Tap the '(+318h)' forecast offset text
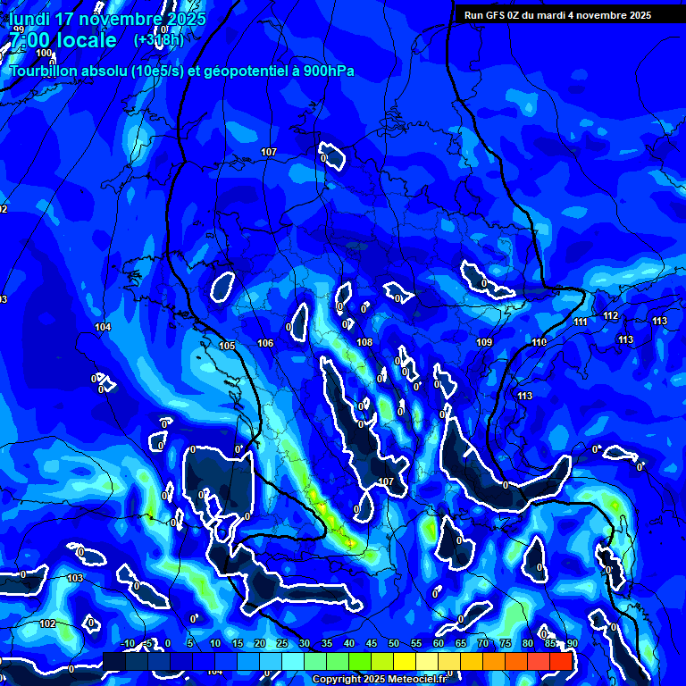[159, 40]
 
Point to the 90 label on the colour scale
[572, 643]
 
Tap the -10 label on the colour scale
[127, 643]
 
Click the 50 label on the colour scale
[394, 643]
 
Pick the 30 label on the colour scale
[305, 643]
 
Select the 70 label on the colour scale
[483, 643]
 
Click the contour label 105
[227, 346]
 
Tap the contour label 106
[265, 344]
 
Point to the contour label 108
[364, 342]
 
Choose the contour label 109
[484, 343]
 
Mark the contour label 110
[539, 343]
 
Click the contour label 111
[581, 322]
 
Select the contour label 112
[611, 316]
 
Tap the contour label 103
[75, 579]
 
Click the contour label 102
[47, 623]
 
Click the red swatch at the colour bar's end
[560, 661]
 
